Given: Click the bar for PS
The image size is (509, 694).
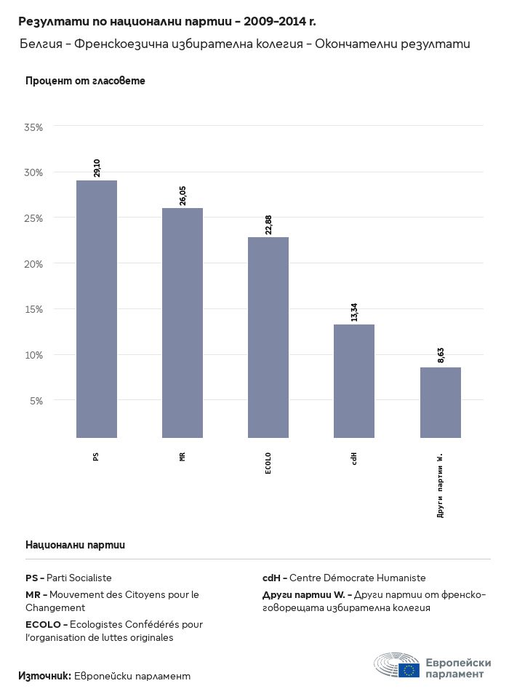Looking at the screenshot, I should coord(97,309).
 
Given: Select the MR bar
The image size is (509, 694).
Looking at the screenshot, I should coord(183,323).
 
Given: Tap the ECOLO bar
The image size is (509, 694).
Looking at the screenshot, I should coord(268,338).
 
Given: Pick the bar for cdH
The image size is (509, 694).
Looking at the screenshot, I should coord(354,381).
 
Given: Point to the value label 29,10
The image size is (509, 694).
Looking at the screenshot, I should coord(97,167).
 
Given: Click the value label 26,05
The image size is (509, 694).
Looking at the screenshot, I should coord(183,196).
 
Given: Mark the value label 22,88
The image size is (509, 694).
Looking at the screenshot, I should coord(268,224).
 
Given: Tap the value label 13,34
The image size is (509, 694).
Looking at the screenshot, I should coord(354,312).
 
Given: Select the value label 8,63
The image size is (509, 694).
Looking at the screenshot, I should coord(441,355).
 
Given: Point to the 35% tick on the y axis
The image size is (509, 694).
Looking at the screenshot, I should coord(34,127).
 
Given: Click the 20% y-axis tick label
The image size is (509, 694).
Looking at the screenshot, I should coord(34,264).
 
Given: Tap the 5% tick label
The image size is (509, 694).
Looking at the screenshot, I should coord(36,401).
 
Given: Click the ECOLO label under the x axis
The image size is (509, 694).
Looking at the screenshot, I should coord(268,463).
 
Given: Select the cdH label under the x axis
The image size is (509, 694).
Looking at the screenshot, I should coord(354,458).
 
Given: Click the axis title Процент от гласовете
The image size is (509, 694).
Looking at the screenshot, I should coord(85,81).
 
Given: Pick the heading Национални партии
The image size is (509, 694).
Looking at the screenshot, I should coord(75,544).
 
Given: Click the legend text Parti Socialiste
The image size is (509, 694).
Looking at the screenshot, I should coord(79,578).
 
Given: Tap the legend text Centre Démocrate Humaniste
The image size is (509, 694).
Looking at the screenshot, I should coord(357,578).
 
